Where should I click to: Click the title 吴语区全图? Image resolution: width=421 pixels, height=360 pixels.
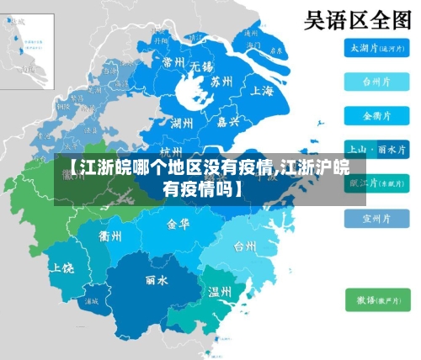[x=357, y=19]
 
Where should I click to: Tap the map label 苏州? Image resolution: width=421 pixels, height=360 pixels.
[x=221, y=82]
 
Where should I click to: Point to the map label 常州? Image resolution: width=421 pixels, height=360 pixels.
[x=173, y=61]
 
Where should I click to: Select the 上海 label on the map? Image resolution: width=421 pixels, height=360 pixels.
[x=262, y=91]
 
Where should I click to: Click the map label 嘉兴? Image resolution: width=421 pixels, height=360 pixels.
[x=226, y=122]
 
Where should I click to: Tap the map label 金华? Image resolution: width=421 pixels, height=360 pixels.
[x=179, y=225]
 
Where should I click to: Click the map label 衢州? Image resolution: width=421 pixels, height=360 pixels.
[x=110, y=235]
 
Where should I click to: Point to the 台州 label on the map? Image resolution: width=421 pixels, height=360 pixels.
[x=245, y=246]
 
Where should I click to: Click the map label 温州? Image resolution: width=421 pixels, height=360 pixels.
[x=220, y=292]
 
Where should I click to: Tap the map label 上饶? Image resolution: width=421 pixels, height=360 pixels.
[x=62, y=267]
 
